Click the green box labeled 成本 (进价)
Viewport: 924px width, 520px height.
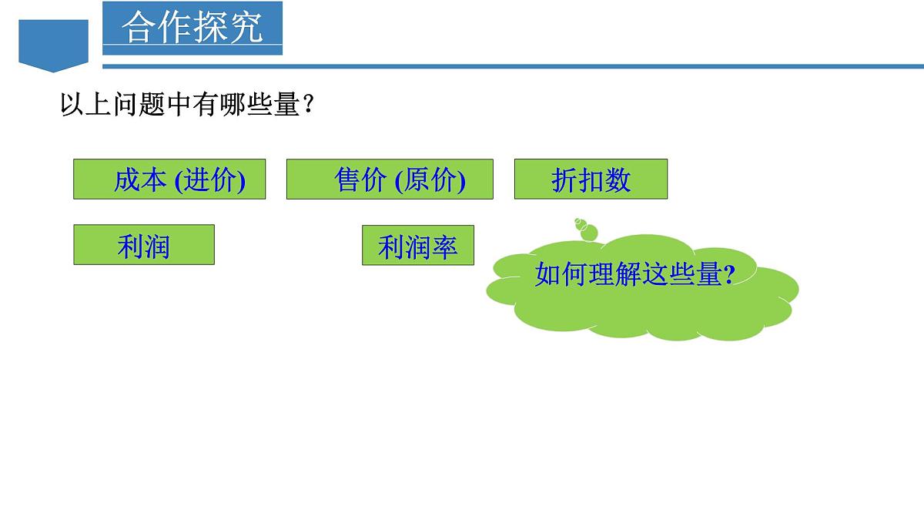tap(169, 179)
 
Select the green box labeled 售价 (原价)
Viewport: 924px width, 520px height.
tap(390, 179)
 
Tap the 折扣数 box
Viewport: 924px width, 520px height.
tap(591, 179)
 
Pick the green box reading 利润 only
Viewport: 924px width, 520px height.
tap(144, 245)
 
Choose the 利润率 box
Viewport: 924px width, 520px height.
tap(418, 245)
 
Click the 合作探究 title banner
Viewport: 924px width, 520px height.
tap(192, 28)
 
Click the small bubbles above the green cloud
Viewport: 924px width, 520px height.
tap(587, 230)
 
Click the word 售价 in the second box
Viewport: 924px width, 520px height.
tap(360, 180)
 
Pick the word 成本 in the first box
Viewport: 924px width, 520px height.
tap(140, 180)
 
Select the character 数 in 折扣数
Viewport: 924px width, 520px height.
tap(618, 180)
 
